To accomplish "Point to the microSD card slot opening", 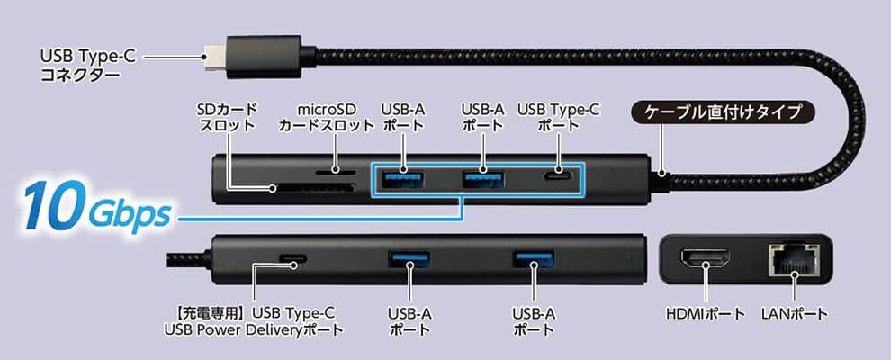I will (335, 169).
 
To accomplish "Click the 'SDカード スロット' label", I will (226, 118).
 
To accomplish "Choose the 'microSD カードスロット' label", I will (325, 118).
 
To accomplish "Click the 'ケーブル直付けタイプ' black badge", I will (729, 113).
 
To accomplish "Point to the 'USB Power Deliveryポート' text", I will (255, 329).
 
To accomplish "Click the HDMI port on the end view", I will (706, 262).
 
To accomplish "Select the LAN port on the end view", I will (792, 261).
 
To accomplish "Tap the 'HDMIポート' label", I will (706, 314).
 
